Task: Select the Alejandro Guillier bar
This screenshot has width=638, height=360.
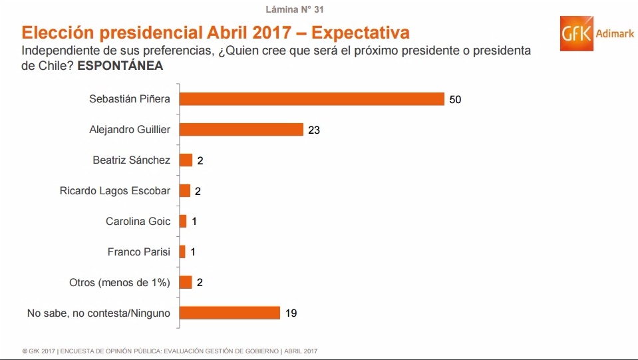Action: (x=241, y=130)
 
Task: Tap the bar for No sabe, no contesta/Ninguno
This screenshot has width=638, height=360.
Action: (x=230, y=313)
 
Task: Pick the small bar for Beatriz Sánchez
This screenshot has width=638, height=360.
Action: (x=186, y=160)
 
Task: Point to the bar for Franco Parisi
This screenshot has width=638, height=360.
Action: (x=182, y=252)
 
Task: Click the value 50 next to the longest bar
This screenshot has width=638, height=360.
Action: (x=455, y=100)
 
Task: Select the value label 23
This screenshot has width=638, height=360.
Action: (x=314, y=130)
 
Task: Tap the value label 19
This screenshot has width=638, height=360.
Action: (x=291, y=313)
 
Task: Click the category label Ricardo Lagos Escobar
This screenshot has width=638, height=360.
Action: (x=115, y=191)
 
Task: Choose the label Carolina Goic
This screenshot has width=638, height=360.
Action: (x=138, y=222)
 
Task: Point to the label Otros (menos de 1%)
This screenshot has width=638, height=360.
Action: (x=120, y=283)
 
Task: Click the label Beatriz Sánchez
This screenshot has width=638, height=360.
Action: (x=132, y=160)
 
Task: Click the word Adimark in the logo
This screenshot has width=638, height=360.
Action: (x=615, y=35)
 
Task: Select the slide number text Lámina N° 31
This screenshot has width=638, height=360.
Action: (x=295, y=10)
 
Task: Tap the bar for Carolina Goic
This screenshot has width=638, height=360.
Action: (x=183, y=222)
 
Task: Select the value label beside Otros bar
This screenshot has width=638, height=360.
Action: (x=200, y=283)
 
